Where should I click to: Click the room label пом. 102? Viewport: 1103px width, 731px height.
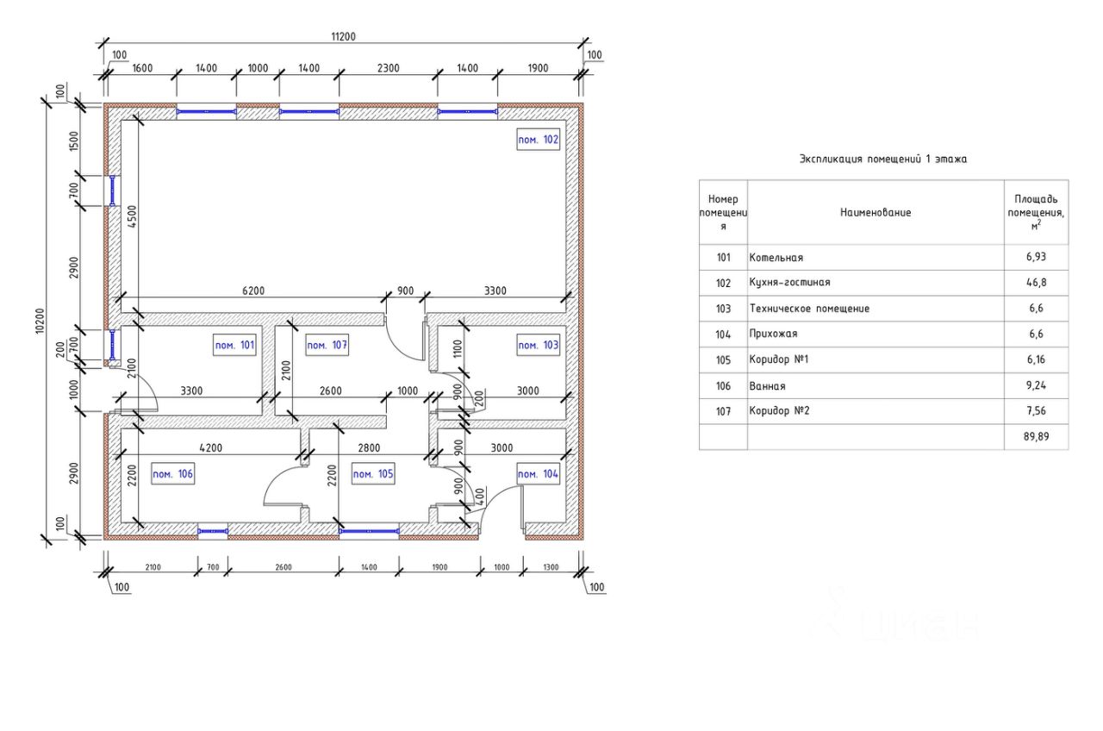(539, 140)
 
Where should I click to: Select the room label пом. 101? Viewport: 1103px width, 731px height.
(234, 346)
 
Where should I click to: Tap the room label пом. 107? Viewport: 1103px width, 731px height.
(327, 346)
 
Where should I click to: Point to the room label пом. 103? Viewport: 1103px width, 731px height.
(538, 346)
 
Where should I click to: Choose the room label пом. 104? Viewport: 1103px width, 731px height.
(538, 474)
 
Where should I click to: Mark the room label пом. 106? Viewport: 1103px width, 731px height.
(173, 474)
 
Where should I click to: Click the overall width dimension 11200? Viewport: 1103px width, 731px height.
(343, 37)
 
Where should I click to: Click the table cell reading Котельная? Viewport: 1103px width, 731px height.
(776, 258)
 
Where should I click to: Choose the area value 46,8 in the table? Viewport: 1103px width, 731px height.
(1037, 283)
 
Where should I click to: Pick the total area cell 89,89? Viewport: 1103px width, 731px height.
(1037, 437)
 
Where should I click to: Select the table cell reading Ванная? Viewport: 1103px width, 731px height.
(768, 386)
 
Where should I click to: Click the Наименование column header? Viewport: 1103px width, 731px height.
(875, 212)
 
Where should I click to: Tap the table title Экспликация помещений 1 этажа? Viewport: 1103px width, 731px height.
(883, 159)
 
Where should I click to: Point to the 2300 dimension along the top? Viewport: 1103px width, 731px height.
(388, 68)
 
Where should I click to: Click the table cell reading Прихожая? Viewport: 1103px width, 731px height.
(774, 334)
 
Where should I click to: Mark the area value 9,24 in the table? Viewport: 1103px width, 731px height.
(1037, 386)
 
